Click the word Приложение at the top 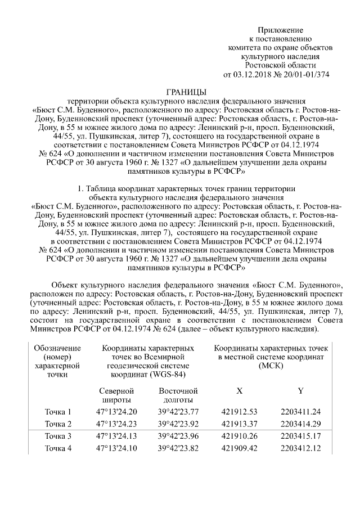pyautogui.click(x=281, y=29)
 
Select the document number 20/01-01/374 pyautogui.click(x=308, y=74)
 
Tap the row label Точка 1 pyautogui.click(x=58, y=412)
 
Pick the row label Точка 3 pyautogui.click(x=58, y=436)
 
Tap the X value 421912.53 pyautogui.click(x=240, y=412)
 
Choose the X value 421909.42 pyautogui.click(x=240, y=448)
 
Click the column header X pyautogui.click(x=240, y=390)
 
